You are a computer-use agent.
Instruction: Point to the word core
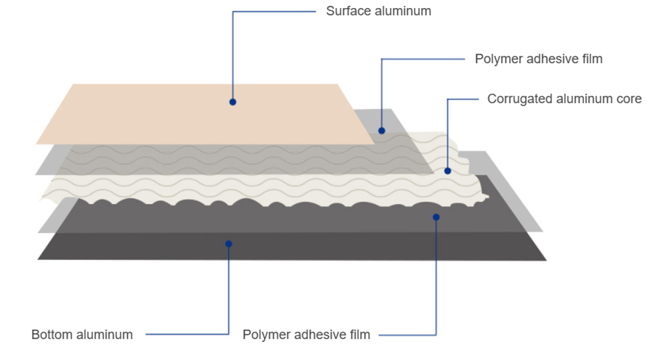pyautogui.click(x=630, y=99)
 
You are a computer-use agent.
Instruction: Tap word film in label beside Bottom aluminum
pyautogui.click(x=361, y=335)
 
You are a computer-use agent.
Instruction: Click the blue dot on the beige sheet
pyautogui.click(x=232, y=102)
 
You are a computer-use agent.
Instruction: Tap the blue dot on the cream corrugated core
pyautogui.click(x=448, y=171)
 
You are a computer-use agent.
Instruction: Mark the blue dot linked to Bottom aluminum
pyautogui.click(x=229, y=244)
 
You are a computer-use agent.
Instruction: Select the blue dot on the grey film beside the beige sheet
pyautogui.click(x=382, y=131)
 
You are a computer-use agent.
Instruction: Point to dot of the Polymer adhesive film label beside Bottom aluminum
pyautogui.click(x=436, y=217)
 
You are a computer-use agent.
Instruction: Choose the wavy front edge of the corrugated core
pyautogui.click(x=264, y=202)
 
